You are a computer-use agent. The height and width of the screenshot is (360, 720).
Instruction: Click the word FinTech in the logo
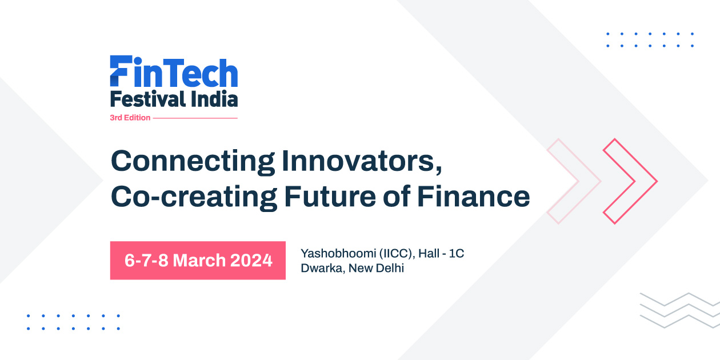(174, 73)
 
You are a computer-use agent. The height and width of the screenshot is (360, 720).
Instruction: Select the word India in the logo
(214, 99)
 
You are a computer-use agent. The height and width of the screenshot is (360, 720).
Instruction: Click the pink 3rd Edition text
(130, 118)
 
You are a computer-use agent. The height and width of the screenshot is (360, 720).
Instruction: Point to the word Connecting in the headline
(192, 161)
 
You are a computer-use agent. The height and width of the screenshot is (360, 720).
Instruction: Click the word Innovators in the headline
(361, 161)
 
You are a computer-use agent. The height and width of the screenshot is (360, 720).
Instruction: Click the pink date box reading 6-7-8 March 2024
(198, 261)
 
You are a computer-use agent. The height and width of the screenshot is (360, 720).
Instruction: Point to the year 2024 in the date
(251, 261)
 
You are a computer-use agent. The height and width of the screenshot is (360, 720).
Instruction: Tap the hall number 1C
(457, 253)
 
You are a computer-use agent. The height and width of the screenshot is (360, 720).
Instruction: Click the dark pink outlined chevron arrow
(630, 181)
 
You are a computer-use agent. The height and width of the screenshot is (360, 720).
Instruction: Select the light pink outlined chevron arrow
(573, 181)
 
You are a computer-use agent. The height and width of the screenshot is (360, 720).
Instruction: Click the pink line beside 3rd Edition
(195, 118)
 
